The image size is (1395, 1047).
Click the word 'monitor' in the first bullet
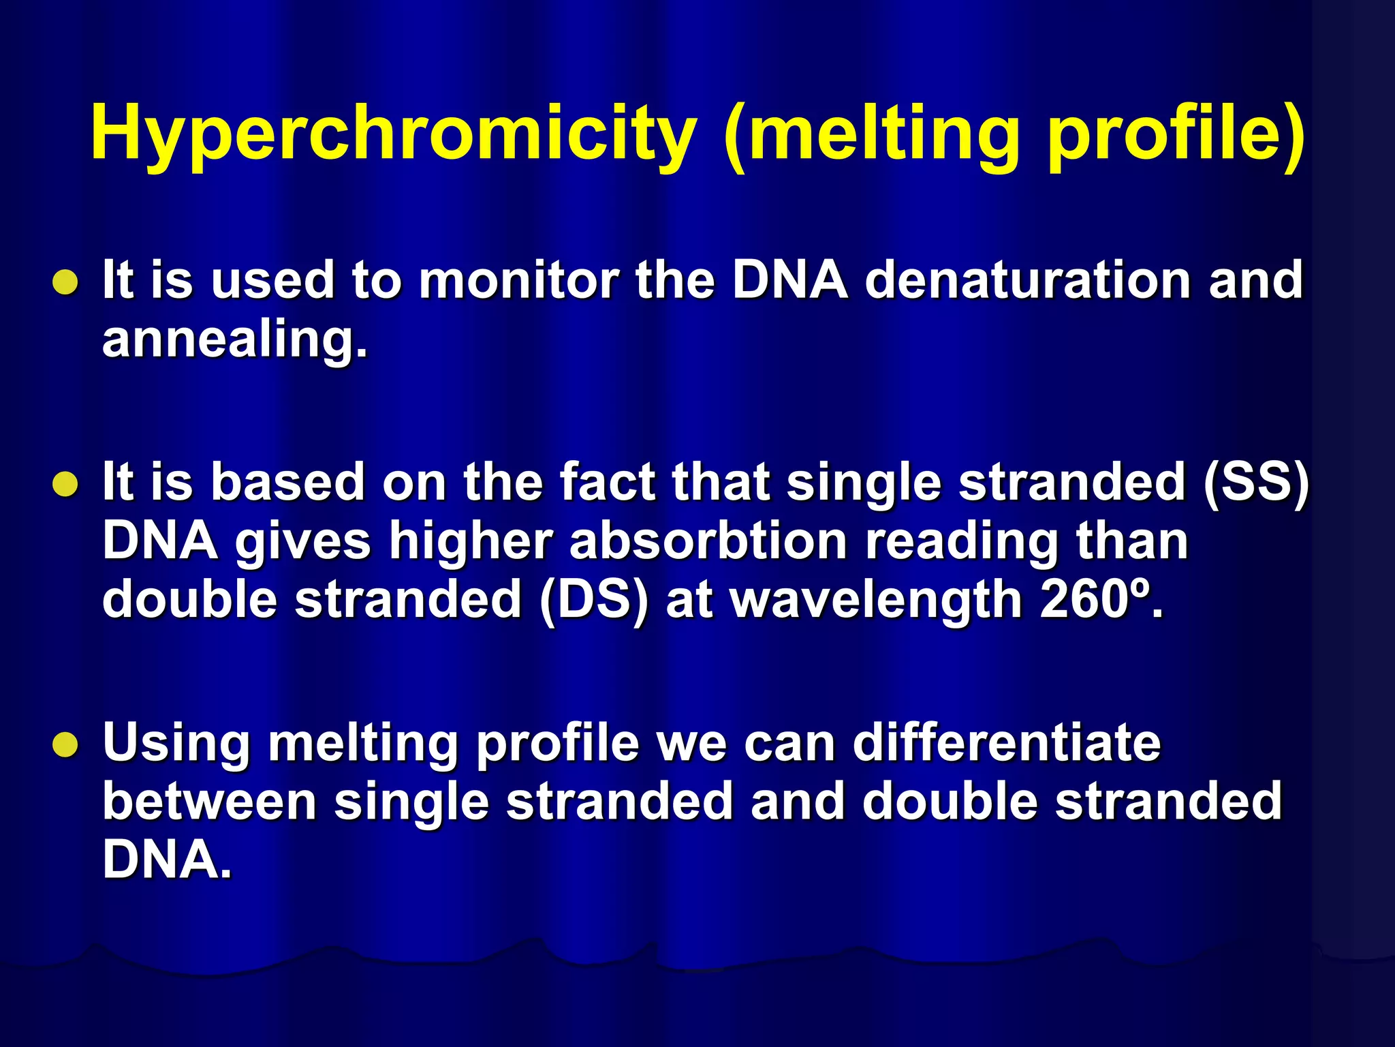(x=518, y=280)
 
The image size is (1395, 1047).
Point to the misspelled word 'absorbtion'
(x=708, y=541)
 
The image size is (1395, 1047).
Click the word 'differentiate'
(x=1007, y=742)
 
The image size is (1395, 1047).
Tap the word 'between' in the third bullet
(x=210, y=802)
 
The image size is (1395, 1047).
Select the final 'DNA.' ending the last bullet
(x=167, y=860)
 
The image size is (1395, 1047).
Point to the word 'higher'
(x=471, y=543)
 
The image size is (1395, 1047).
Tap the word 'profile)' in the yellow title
(x=1175, y=133)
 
